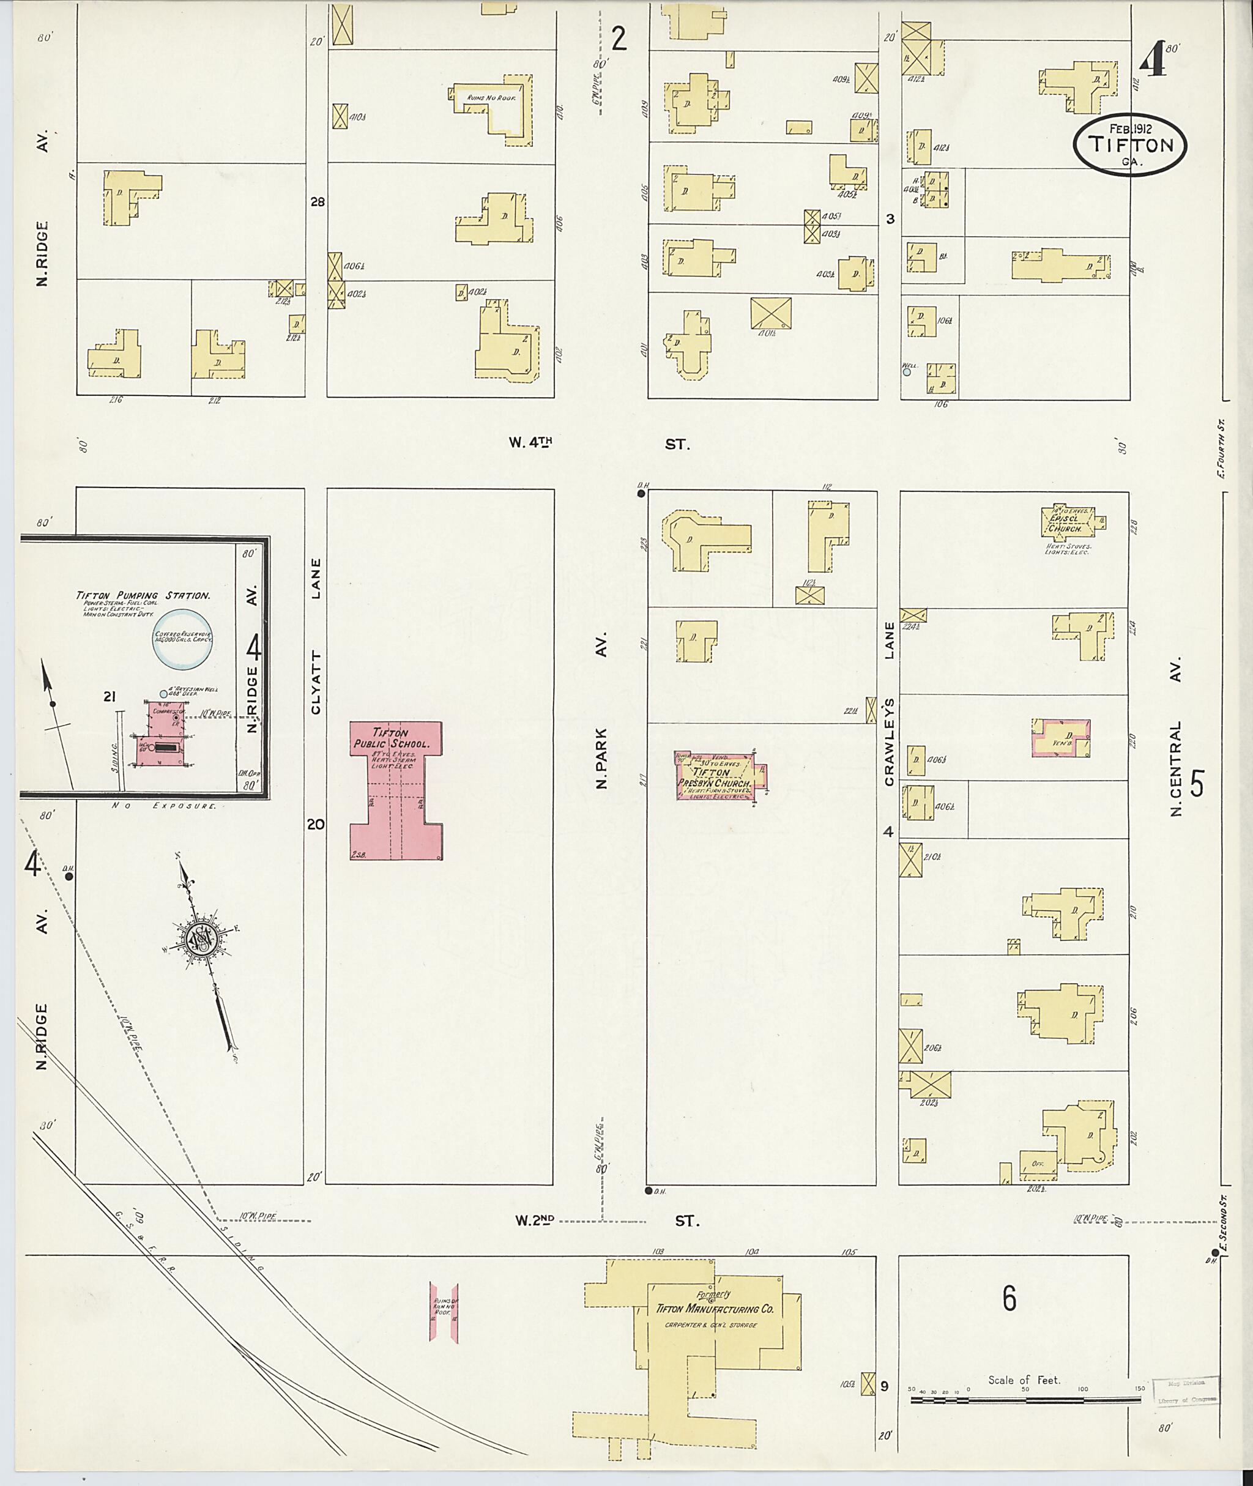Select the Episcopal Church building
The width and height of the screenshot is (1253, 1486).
1068,521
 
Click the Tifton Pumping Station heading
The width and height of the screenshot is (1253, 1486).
144,595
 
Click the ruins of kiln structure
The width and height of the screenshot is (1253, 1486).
443,1312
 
